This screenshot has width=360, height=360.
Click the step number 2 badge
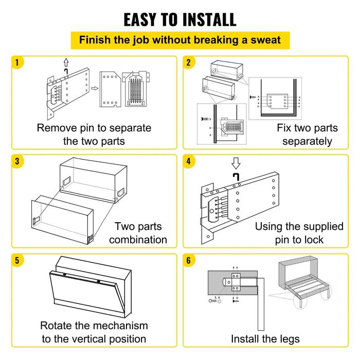pyautogui.click(x=189, y=63)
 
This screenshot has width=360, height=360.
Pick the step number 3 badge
pyautogui.click(x=18, y=161)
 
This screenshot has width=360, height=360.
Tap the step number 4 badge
pyautogui.click(x=189, y=161)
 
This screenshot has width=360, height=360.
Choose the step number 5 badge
pyautogui.click(x=18, y=260)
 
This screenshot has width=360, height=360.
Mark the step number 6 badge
pyautogui.click(x=189, y=260)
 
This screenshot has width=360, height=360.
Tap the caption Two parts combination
pyautogui.click(x=138, y=233)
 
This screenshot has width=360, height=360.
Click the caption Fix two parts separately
pyautogui.click(x=307, y=134)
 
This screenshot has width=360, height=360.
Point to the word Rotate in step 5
pyautogui.click(x=59, y=326)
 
